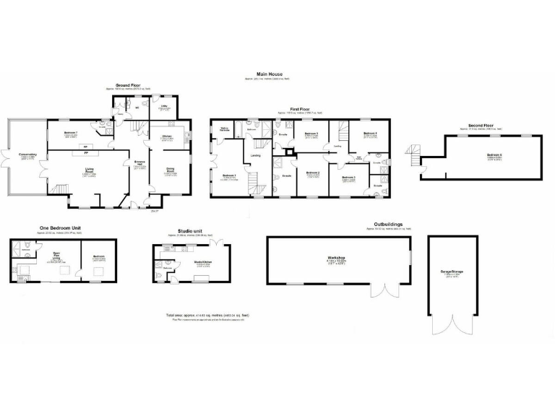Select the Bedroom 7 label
click(x=71, y=134)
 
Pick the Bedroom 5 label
click(x=311, y=134)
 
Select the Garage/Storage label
click(x=452, y=272)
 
